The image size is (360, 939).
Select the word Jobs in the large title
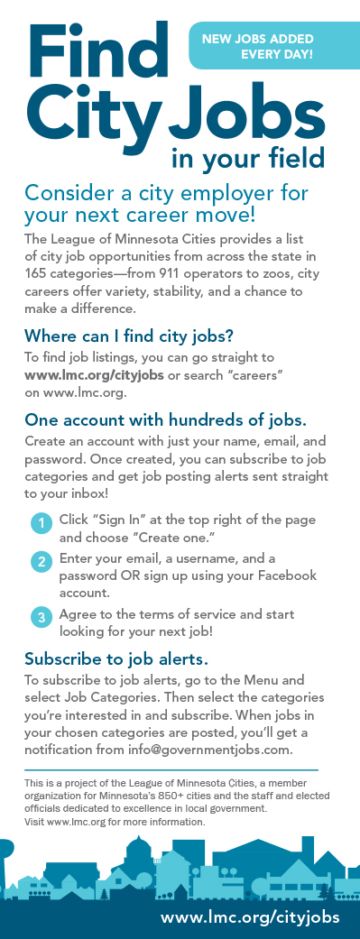(246, 115)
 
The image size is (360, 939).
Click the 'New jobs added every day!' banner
(257, 47)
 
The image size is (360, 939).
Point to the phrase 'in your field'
(247, 159)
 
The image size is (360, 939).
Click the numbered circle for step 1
(42, 523)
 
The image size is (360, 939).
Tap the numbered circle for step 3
(42, 617)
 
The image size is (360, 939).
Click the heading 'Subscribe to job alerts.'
(116, 658)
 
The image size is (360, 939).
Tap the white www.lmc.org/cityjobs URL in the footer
(250, 916)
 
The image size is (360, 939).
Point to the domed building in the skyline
(138, 859)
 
